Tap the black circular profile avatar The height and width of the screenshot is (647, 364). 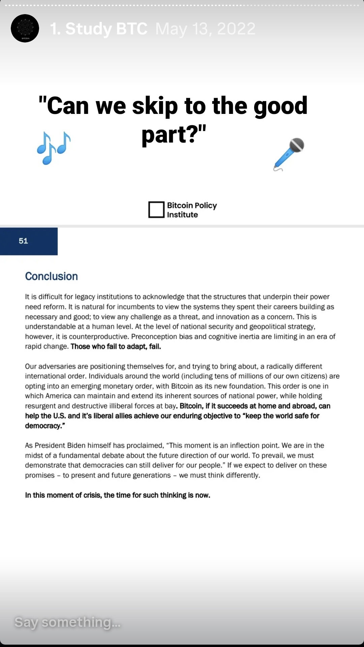pyautogui.click(x=25, y=28)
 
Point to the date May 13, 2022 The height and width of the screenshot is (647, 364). pyautogui.click(x=205, y=29)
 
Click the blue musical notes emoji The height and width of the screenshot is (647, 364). pyautogui.click(x=54, y=148)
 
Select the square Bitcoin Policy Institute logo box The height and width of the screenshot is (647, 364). pyautogui.click(x=156, y=210)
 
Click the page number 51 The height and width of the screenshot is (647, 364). pyautogui.click(x=23, y=241)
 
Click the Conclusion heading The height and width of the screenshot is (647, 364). pyautogui.click(x=51, y=276)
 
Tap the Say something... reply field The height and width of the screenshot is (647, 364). pyautogui.click(x=67, y=622)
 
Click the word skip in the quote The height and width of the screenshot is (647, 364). pyautogui.click(x=155, y=106)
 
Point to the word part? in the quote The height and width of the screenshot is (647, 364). pyautogui.click(x=173, y=134)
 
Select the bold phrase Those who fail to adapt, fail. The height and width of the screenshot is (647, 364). pyautogui.click(x=116, y=346)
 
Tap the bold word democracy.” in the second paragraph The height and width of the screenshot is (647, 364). pyautogui.click(x=45, y=426)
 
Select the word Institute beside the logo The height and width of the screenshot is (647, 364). pyautogui.click(x=182, y=215)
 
